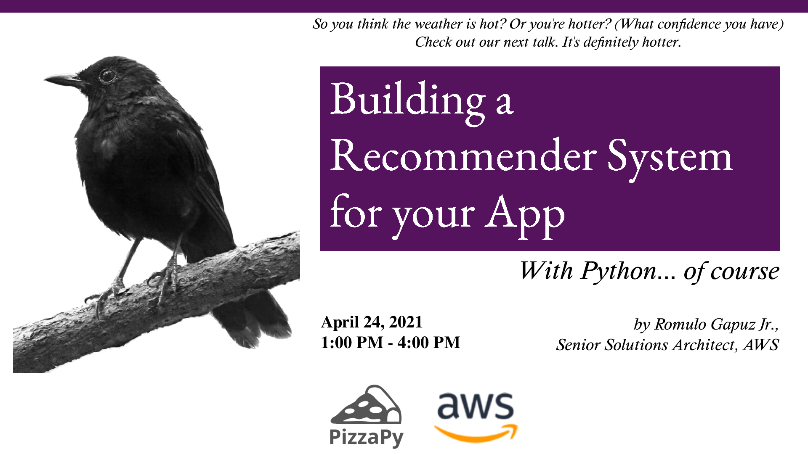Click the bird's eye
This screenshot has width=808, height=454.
(x=107, y=76)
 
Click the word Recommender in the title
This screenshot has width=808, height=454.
(x=463, y=156)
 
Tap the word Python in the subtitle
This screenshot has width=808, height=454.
(x=619, y=272)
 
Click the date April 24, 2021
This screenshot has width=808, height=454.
(x=372, y=322)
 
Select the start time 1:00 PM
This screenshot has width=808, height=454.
(x=352, y=343)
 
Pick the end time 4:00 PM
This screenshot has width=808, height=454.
(x=429, y=343)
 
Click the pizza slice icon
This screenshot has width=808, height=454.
(x=366, y=404)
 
